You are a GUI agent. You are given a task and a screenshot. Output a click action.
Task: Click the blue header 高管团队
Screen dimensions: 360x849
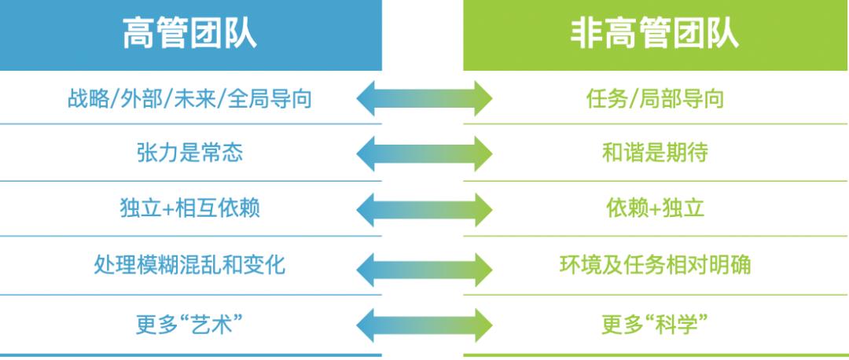pyautogui.click(x=189, y=36)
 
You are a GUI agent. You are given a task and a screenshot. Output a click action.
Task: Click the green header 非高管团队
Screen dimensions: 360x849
pyautogui.click(x=655, y=36)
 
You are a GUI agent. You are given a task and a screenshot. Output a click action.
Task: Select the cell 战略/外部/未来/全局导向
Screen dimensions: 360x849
pyautogui.click(x=189, y=99)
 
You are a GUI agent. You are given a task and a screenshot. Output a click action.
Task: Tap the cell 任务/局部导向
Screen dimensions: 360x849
pyautogui.click(x=655, y=99)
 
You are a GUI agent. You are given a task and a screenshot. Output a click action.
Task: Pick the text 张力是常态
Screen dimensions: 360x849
pyautogui.click(x=189, y=152)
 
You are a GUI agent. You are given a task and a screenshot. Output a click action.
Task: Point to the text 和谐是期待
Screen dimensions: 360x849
pyautogui.click(x=655, y=152)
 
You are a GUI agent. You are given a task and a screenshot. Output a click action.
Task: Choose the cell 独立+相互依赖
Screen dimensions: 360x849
pyautogui.click(x=189, y=209)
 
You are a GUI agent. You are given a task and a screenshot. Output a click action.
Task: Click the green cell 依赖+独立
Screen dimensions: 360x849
pyautogui.click(x=655, y=209)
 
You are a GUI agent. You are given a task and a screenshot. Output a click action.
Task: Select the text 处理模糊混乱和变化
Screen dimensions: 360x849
pyautogui.click(x=189, y=266)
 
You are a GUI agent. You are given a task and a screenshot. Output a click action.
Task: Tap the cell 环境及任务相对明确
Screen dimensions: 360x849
pyautogui.click(x=655, y=266)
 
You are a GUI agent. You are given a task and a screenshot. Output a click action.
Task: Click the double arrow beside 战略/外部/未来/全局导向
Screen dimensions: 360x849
pyautogui.click(x=424, y=99)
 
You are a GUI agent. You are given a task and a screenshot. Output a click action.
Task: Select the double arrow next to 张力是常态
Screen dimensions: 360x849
pyautogui.click(x=424, y=152)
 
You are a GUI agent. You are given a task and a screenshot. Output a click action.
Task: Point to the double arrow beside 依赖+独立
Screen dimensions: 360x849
pyautogui.click(x=424, y=209)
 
